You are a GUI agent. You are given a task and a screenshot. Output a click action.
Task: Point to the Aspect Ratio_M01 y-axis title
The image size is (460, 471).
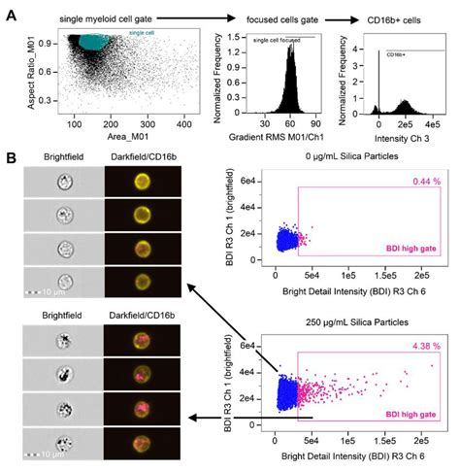tap(36, 78)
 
